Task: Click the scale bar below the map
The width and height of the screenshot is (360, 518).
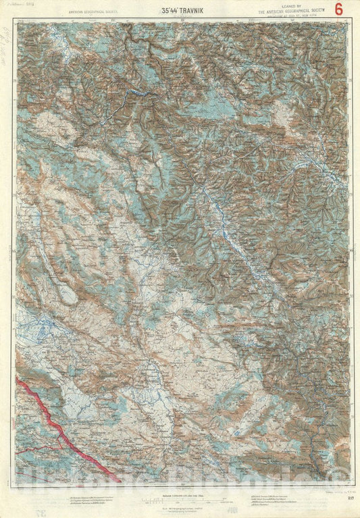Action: point(180,500)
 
